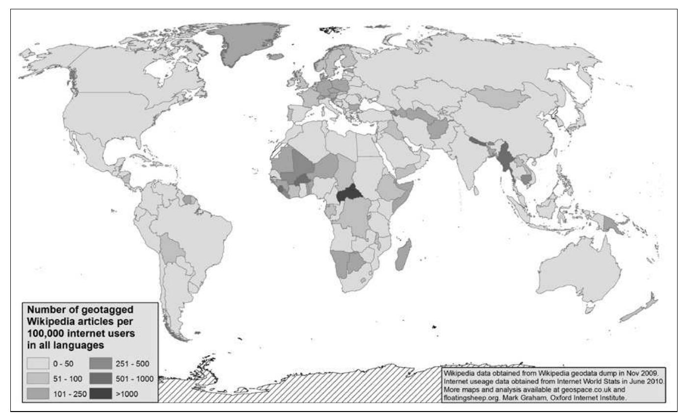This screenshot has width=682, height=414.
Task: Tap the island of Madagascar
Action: pos(403,256)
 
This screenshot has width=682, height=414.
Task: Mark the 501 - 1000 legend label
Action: pos(134,379)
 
